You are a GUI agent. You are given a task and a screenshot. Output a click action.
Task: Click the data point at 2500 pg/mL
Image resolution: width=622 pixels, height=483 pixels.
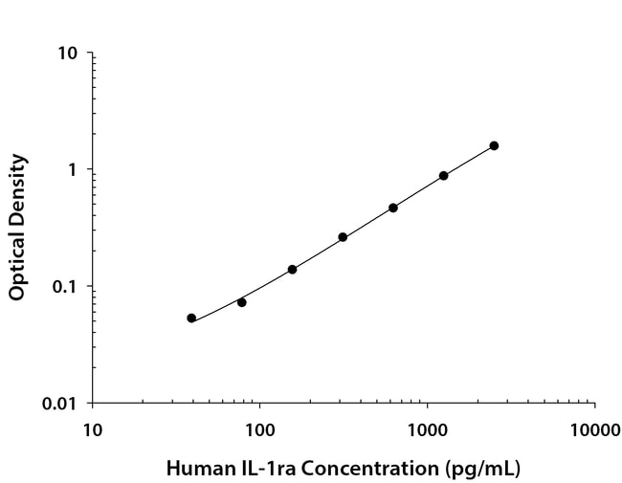click(x=494, y=145)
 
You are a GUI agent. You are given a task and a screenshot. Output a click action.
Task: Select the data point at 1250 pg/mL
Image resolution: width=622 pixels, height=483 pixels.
click(x=444, y=176)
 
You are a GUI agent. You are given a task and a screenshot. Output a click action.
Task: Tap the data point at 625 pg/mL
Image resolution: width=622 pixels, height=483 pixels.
click(x=393, y=208)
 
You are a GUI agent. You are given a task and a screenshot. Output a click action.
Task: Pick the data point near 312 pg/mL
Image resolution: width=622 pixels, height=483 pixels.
click(x=343, y=237)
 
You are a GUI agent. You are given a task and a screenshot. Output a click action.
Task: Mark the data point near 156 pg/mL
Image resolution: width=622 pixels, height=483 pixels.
click(x=292, y=270)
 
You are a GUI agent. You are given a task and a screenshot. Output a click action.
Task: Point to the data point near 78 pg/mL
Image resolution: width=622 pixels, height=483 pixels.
click(x=242, y=302)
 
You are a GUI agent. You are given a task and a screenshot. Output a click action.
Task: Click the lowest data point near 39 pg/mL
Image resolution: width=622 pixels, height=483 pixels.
click(x=191, y=318)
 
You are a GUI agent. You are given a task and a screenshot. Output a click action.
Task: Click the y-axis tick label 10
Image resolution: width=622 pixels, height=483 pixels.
click(x=68, y=54)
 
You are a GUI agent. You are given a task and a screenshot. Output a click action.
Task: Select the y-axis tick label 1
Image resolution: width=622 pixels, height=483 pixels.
click(x=74, y=170)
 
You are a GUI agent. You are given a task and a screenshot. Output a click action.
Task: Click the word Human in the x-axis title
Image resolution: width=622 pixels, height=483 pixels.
click(x=195, y=469)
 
